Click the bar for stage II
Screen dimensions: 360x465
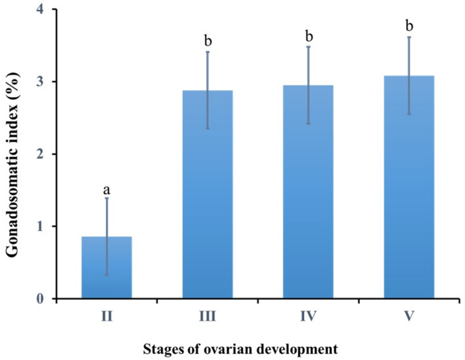107,268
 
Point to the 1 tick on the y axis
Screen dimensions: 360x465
43,226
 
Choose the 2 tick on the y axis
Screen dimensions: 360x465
43,154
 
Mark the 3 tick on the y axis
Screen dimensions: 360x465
43,82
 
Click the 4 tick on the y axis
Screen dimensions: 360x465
43,10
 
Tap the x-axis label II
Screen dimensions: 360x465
107,314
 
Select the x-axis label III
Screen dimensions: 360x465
208,314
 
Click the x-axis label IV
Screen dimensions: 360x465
308,314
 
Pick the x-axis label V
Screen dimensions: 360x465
409,314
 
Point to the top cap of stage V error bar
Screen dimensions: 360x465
409,37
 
